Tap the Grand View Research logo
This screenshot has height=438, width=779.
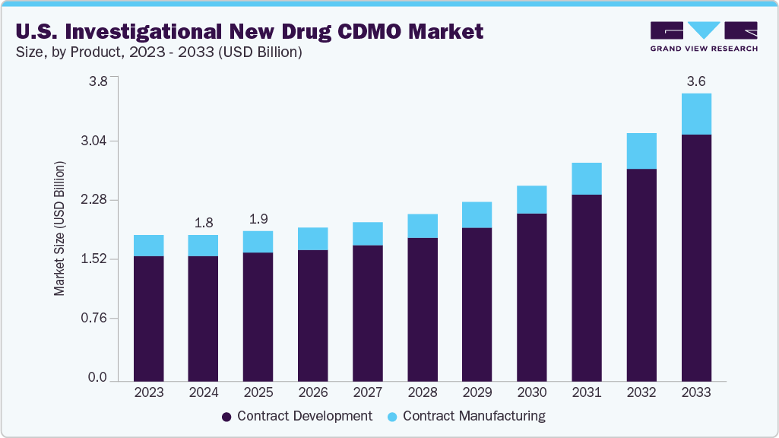(x=703, y=36)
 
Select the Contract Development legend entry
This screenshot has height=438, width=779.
(x=296, y=416)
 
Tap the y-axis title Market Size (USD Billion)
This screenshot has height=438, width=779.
(x=59, y=229)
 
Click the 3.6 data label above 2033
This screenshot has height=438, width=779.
(x=696, y=81)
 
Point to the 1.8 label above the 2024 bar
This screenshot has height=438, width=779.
(x=203, y=223)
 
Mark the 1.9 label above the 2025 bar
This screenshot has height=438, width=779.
(x=258, y=219)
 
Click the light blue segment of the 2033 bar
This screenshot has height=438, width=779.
(x=696, y=114)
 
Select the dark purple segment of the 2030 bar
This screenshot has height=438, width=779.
(x=532, y=297)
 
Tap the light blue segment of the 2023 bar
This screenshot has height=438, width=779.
(x=148, y=246)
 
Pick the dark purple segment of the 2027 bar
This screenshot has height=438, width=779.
(x=368, y=313)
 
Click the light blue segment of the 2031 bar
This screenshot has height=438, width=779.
(x=587, y=179)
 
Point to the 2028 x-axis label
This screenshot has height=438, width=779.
(x=423, y=392)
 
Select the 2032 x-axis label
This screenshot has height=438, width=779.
(x=641, y=392)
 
